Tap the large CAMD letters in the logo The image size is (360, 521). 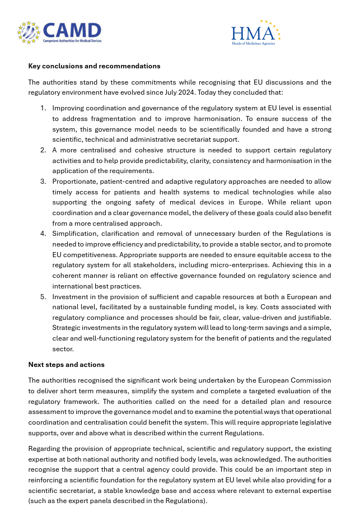pyautogui.click(x=72, y=30)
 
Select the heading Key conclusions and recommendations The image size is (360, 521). pyautogui.click(x=94, y=66)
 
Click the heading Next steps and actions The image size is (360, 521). pyautogui.click(x=66, y=365)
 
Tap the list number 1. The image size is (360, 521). pyautogui.click(x=43, y=108)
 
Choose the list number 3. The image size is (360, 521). pyautogui.click(x=43, y=182)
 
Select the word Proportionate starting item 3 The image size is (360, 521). pyautogui.click(x=76, y=182)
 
